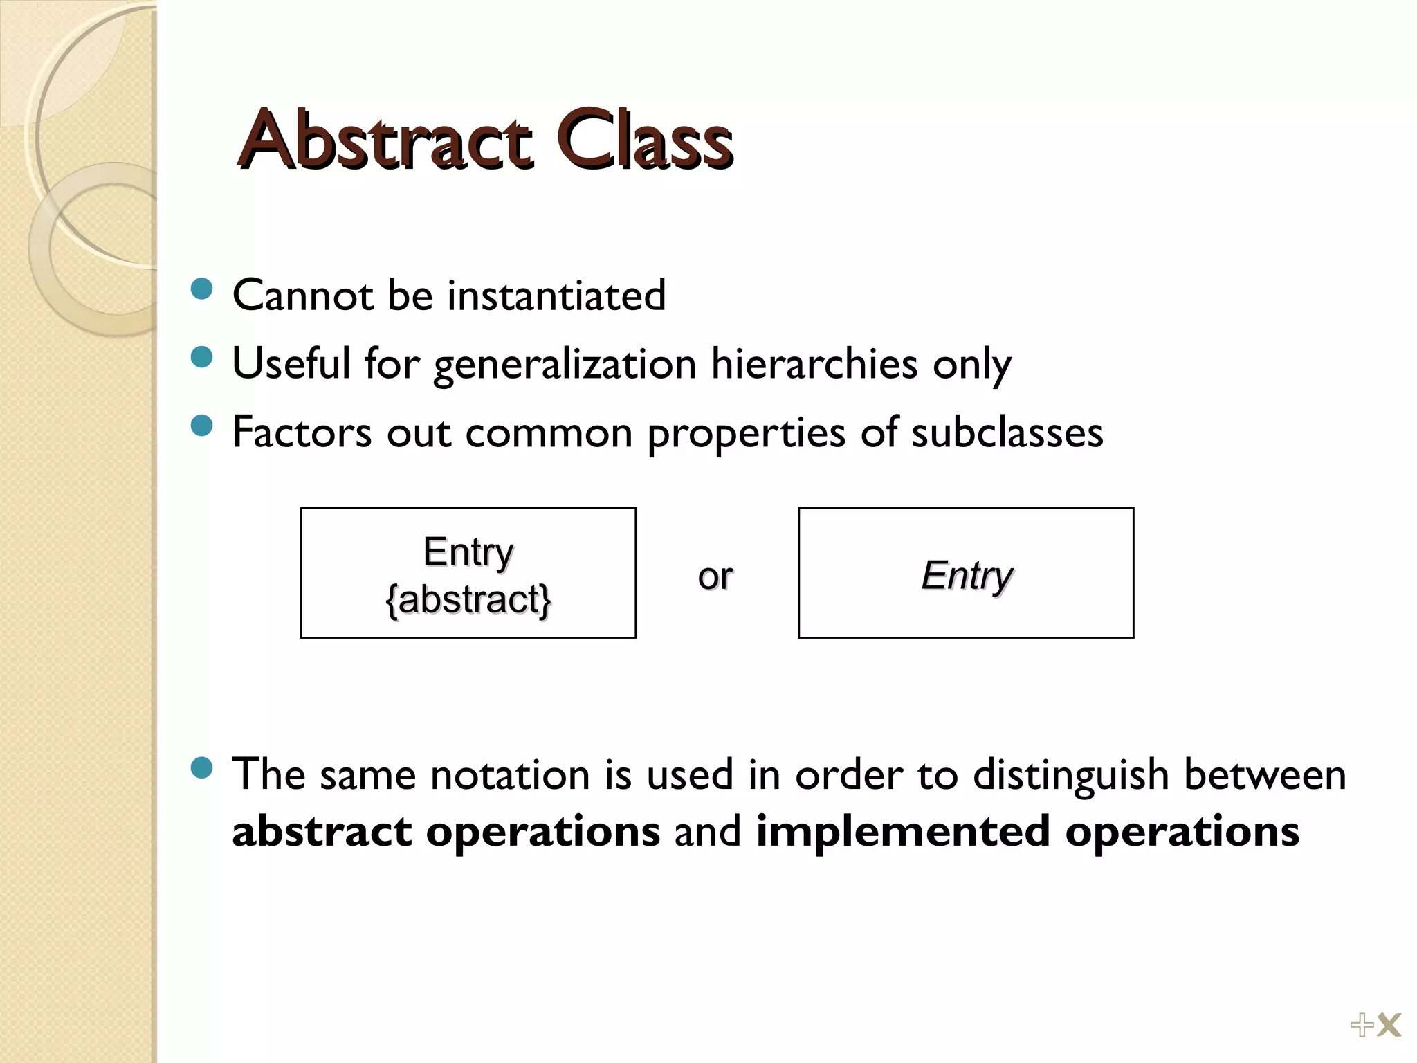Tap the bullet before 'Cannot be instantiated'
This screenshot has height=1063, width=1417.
[201, 289]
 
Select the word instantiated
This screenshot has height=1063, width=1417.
[556, 296]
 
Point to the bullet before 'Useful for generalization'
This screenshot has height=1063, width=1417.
[201, 357]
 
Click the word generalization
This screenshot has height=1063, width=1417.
[565, 365]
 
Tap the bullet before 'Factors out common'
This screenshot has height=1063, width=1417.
[201, 426]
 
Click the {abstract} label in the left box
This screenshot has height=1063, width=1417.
[468, 599]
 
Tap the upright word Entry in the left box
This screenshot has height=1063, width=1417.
[468, 552]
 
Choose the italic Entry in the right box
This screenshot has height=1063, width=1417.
[967, 575]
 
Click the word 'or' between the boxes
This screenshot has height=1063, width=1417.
[715, 576]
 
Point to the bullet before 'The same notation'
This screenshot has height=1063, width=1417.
[201, 767]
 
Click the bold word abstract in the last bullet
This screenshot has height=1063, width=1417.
[322, 831]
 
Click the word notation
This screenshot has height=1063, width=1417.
[510, 774]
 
